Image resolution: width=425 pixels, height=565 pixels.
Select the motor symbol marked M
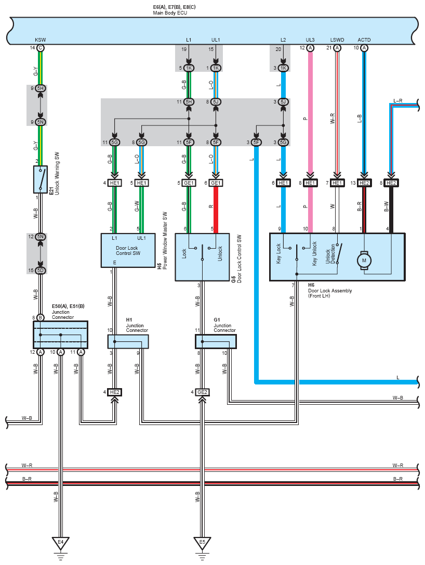point(364,261)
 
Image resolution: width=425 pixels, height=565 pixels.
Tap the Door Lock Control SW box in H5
point(128,250)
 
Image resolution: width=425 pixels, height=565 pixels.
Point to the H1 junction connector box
point(128,342)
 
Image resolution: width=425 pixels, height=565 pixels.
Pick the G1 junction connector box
point(216,342)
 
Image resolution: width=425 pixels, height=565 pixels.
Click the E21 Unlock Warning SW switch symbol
point(41,179)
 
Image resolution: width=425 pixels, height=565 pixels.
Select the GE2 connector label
point(202,392)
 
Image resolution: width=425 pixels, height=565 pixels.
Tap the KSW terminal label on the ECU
point(41,40)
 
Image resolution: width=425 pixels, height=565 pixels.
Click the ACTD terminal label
point(364,40)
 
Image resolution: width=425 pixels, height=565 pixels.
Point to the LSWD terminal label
point(337,40)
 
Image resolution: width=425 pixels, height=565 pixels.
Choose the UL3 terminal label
point(310,40)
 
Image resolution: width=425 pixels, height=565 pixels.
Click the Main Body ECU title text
point(170,13)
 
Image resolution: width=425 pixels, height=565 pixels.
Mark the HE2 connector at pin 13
point(364,183)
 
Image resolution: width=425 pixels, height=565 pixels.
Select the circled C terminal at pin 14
point(41,48)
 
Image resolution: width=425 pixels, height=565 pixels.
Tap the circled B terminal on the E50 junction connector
point(41,317)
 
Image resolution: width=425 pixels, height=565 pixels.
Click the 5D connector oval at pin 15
point(41,270)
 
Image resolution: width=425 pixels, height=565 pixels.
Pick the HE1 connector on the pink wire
point(310,183)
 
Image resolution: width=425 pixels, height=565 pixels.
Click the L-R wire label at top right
point(397,101)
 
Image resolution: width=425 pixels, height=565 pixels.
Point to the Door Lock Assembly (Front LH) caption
point(330,293)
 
